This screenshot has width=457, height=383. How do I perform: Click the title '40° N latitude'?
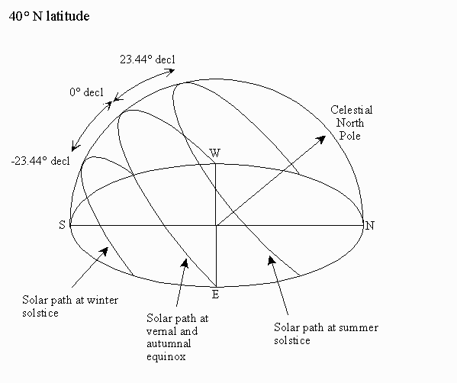(x=49, y=16)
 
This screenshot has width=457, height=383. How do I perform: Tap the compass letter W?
(x=215, y=153)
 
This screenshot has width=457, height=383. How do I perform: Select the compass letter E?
(x=215, y=294)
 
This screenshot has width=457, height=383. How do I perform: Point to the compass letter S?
(x=62, y=225)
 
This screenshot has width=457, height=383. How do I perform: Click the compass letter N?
(x=370, y=226)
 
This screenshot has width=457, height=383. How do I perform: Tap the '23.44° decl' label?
(x=147, y=60)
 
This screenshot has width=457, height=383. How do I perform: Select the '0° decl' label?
(x=86, y=92)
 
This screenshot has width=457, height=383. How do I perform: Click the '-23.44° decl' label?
(x=40, y=161)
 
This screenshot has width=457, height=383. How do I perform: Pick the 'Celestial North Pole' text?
(x=351, y=123)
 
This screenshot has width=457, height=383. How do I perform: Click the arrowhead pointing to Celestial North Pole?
(x=322, y=139)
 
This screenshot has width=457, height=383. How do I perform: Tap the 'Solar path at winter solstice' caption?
(x=70, y=307)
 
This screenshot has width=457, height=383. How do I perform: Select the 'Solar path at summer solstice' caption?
(x=326, y=333)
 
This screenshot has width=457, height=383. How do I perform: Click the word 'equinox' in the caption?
(x=166, y=357)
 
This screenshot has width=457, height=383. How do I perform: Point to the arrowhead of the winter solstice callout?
(x=104, y=251)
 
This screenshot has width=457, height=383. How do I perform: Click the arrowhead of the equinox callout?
(x=185, y=263)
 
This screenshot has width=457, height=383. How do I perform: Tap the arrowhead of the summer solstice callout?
(x=272, y=260)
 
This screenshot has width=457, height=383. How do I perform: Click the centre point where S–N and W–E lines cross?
(x=216, y=225)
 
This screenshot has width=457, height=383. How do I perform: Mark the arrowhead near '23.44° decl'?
(x=170, y=72)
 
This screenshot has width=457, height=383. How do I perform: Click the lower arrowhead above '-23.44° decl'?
(x=75, y=146)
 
